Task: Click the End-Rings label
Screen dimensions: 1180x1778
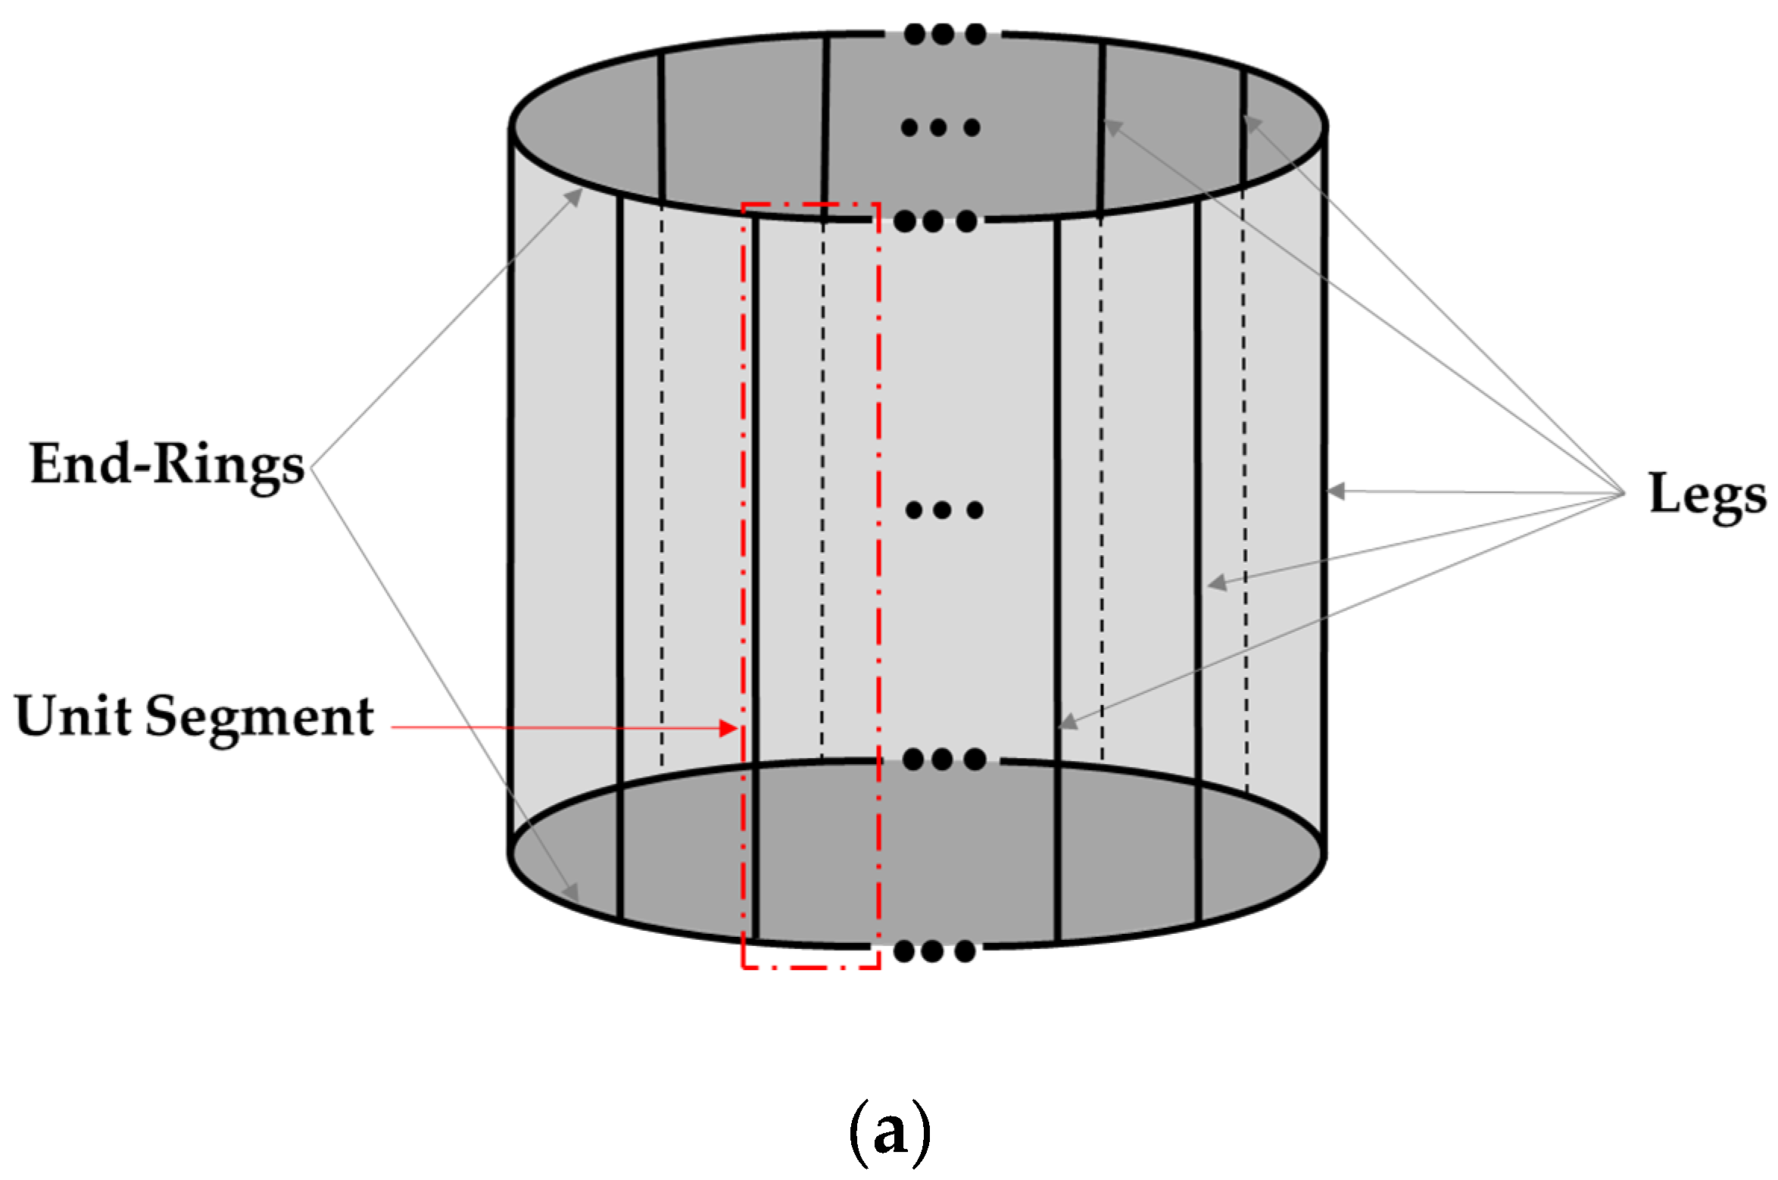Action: point(167,464)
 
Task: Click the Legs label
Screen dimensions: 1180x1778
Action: point(1707,494)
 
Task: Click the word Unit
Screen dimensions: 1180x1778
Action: point(72,716)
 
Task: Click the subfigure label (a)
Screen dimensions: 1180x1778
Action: point(889,1134)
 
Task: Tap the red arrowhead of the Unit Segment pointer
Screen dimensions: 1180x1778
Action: point(728,729)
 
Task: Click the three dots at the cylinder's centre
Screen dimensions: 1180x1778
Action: point(944,510)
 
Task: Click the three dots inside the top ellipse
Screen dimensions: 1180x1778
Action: point(940,127)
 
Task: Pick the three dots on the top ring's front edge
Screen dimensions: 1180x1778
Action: point(934,222)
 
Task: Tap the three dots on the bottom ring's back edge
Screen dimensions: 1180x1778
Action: point(944,759)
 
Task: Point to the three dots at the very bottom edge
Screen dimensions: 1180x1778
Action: point(934,951)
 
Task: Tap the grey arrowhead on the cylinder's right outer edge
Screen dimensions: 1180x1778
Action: point(1336,491)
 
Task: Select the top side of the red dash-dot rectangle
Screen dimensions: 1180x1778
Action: point(810,204)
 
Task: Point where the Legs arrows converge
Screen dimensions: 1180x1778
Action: point(1624,494)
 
